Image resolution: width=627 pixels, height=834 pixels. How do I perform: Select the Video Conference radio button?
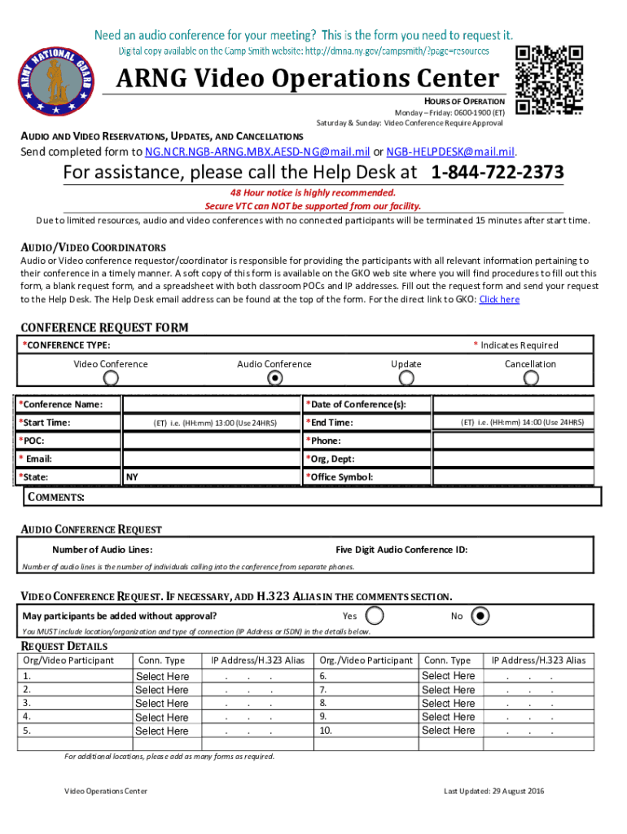pos(112,378)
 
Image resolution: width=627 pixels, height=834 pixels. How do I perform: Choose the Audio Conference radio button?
pos(274,378)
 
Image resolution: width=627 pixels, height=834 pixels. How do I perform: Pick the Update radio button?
pos(406,378)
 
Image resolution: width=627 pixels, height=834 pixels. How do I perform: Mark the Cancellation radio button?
pos(531,378)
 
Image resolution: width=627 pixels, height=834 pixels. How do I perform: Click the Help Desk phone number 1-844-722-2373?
pos(497,173)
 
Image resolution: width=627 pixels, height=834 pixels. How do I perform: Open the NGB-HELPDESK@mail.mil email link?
pos(450,152)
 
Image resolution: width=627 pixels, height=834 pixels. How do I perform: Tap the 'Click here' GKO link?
pos(499,300)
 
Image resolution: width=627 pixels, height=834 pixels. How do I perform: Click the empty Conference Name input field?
pos(211,405)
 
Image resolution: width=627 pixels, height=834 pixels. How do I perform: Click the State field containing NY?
pos(211,477)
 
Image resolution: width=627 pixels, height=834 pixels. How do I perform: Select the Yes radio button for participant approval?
pos(375,616)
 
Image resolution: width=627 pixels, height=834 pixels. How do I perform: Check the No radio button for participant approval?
pos(481,616)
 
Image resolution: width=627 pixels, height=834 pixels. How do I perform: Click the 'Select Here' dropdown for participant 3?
pos(162,704)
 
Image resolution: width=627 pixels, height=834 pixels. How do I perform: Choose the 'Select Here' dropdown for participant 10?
pos(449,731)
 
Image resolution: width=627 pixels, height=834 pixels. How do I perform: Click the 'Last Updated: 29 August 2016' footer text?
pos(494,792)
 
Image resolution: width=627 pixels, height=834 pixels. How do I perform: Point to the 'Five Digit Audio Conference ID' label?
pos(401,550)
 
